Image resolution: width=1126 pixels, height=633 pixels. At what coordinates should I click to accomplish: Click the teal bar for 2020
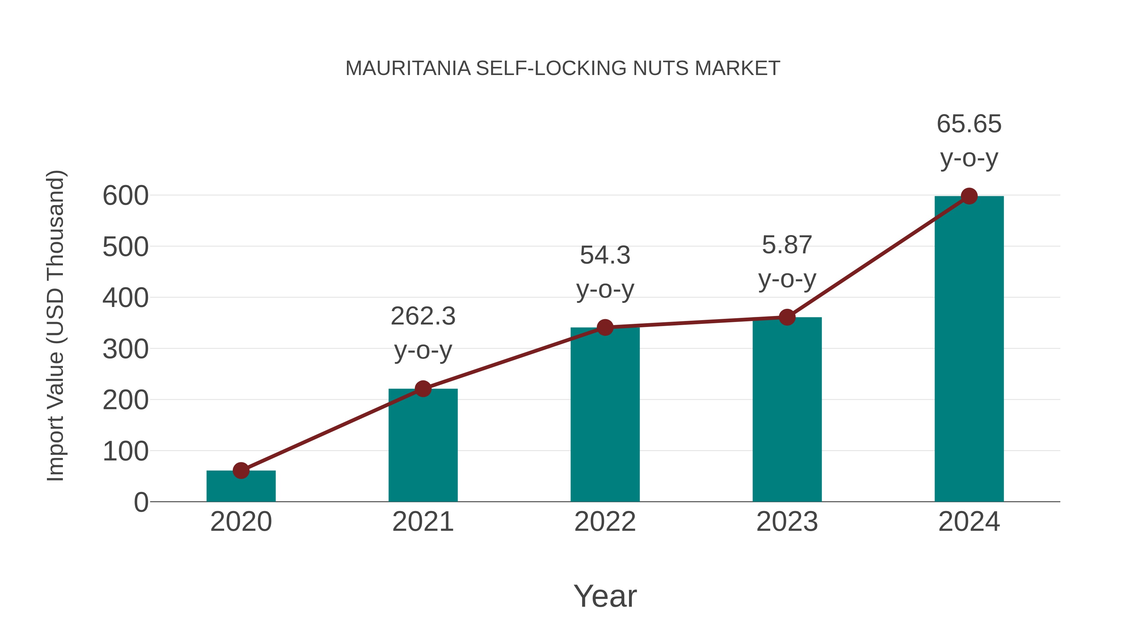click(241, 486)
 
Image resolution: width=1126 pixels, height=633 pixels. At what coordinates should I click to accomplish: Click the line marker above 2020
click(241, 470)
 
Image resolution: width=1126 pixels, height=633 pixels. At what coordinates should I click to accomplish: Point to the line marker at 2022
click(605, 327)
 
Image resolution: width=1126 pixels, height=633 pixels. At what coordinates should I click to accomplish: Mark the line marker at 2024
click(969, 196)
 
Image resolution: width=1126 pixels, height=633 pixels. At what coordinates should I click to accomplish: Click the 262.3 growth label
click(423, 316)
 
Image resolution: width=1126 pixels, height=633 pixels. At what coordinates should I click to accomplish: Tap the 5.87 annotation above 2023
click(787, 245)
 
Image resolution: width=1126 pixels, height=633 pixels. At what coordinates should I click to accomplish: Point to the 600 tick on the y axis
click(125, 196)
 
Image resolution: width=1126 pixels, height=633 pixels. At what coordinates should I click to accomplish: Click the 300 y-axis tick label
click(125, 349)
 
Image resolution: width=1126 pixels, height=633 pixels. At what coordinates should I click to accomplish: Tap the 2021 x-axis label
click(423, 522)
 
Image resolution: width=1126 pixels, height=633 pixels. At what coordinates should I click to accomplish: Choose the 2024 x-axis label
click(969, 522)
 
